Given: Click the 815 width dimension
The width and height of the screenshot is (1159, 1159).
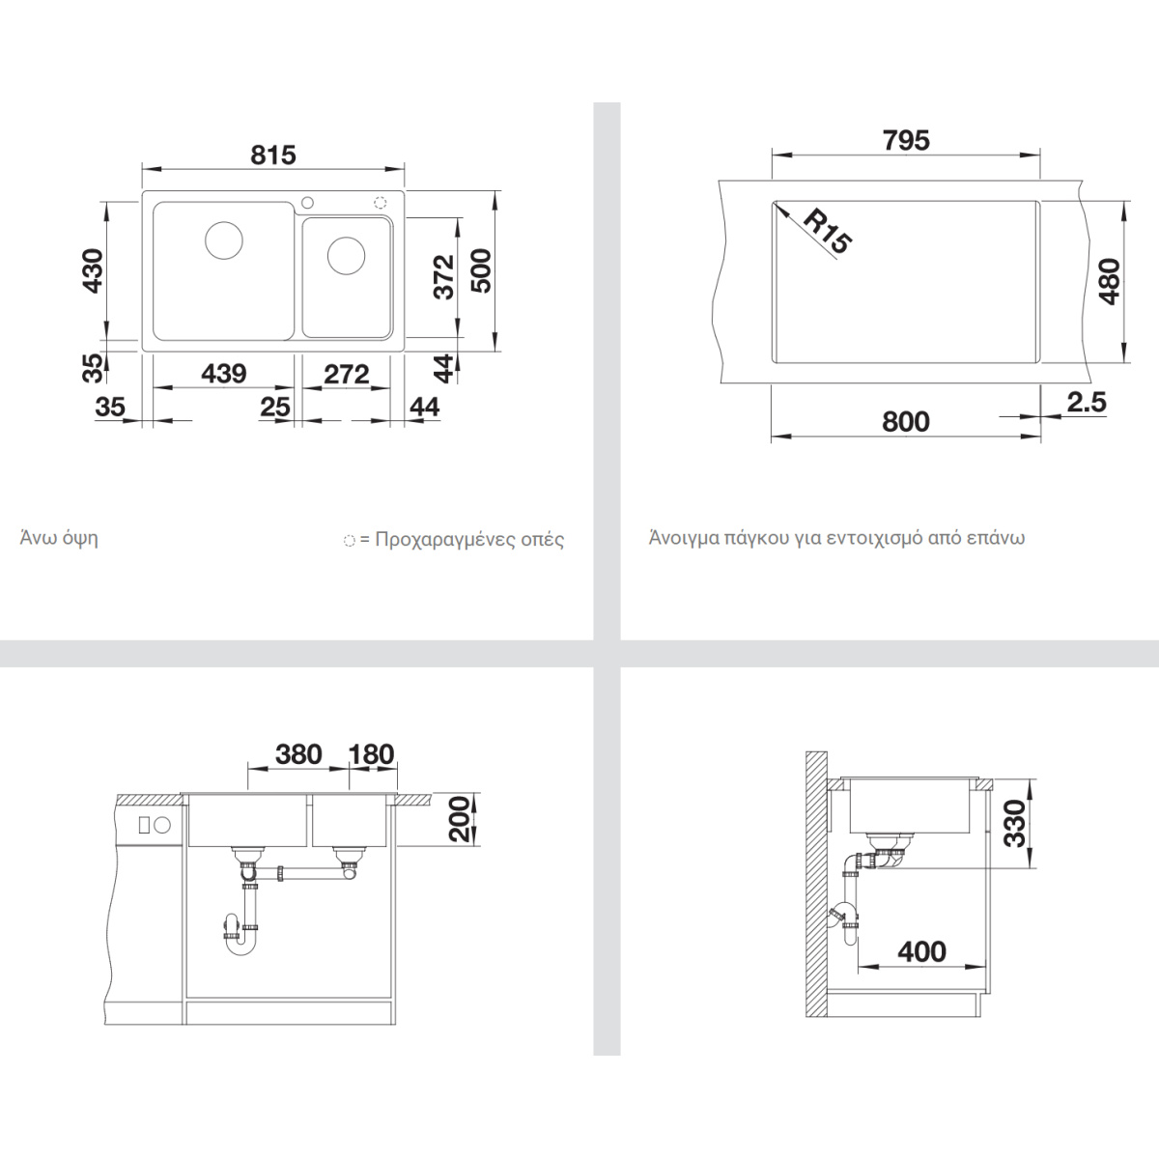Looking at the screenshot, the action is tap(273, 155).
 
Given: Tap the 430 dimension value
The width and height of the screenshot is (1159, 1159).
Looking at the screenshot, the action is tap(94, 270).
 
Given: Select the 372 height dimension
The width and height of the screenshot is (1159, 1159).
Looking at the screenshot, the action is tap(444, 277).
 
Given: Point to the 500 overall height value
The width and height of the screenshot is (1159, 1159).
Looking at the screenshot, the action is tap(481, 271).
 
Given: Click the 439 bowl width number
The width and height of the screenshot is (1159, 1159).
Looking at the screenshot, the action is tap(224, 374).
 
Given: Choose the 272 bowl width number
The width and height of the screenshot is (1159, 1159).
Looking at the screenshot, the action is tap(347, 374).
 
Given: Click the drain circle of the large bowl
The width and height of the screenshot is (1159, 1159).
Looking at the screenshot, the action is tap(224, 240).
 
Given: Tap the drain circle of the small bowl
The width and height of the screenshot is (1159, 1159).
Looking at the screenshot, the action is tap(346, 256).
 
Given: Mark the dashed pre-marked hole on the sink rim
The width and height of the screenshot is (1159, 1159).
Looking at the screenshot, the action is tap(381, 202).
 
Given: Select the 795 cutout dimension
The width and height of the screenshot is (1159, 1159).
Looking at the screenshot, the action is tap(906, 140).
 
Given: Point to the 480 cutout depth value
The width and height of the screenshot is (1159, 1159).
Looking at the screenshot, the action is tap(1110, 281).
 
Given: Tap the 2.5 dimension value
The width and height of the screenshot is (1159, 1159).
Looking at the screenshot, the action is tap(1087, 402).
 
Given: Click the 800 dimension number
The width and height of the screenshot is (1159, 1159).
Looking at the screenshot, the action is tap(906, 422).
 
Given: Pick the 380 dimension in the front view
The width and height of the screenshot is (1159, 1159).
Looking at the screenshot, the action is tap(298, 754).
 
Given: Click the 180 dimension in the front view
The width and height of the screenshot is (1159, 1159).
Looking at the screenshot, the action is tap(372, 754).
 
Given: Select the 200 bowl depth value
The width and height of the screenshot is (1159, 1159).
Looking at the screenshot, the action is tap(459, 819).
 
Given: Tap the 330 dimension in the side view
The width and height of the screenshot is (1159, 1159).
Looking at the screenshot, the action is tap(1015, 824).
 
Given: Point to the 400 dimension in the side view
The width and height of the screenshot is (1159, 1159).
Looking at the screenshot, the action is tap(922, 952).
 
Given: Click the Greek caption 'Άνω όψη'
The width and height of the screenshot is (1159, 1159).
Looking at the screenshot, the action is tap(59, 538).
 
